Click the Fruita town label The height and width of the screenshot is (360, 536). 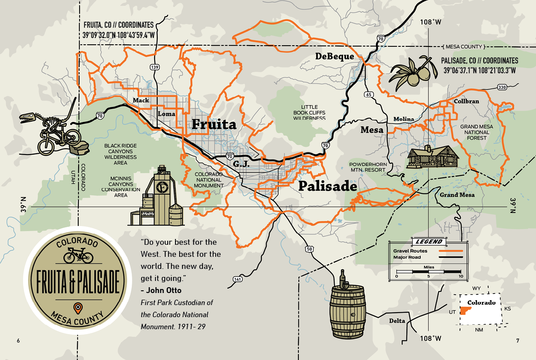click(214, 124)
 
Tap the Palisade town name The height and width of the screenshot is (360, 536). click(327, 186)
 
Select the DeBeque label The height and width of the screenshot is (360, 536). click(335, 56)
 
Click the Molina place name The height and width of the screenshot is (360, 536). click(404, 119)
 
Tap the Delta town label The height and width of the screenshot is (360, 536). click(397, 321)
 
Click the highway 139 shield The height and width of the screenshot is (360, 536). click(155, 67)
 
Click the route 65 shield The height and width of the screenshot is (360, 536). click(368, 94)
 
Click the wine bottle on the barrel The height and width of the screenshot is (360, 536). click(343, 279)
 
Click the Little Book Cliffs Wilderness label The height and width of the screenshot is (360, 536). click(309, 113)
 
